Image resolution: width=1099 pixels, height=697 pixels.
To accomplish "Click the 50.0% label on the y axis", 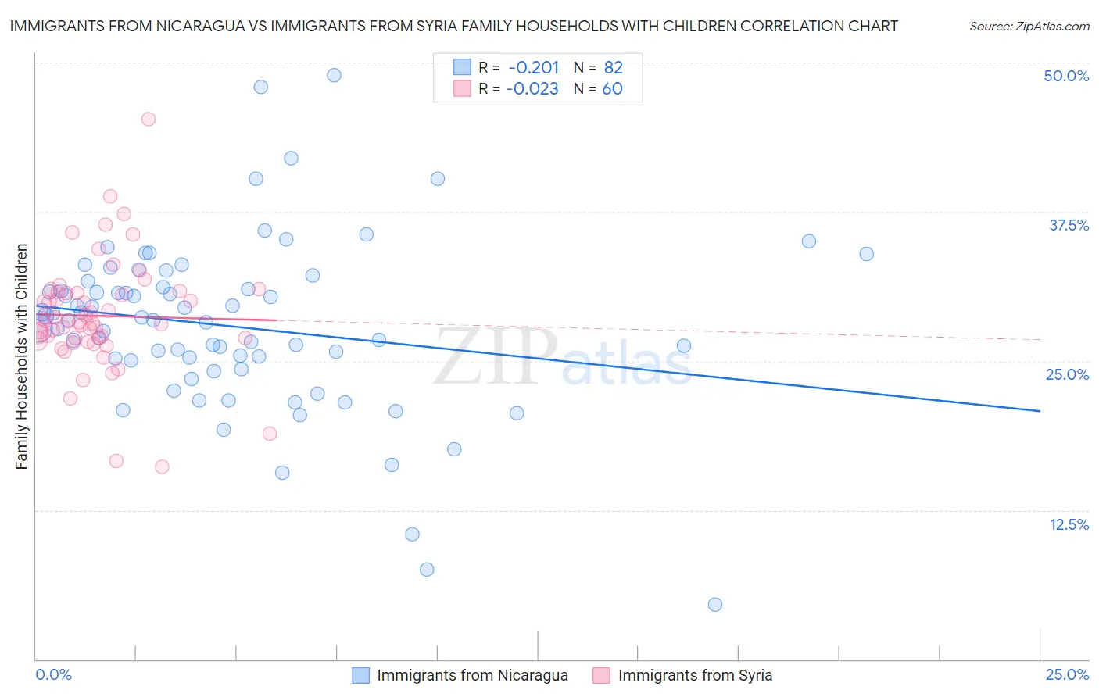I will [x=1066, y=76].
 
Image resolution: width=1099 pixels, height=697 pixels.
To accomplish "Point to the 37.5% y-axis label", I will [x=1069, y=225].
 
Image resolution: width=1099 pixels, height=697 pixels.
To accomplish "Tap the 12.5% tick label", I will [x=1069, y=524].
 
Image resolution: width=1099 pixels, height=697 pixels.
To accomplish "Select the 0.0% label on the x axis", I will [x=53, y=674].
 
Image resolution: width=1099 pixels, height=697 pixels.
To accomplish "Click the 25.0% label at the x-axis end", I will [x=1067, y=674].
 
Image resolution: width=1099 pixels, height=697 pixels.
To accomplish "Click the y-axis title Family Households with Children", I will [x=21, y=356].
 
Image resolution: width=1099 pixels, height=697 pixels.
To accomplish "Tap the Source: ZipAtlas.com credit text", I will [x=1029, y=26].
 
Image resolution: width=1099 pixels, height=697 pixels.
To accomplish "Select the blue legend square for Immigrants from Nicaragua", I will [x=360, y=675].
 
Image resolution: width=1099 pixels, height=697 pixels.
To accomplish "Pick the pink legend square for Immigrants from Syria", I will [x=601, y=675].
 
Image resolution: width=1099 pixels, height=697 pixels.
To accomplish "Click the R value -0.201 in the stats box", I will [x=533, y=68].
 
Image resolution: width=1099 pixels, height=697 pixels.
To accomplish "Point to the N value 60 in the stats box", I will [x=612, y=89].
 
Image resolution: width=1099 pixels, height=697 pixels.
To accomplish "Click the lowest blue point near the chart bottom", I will [x=714, y=604].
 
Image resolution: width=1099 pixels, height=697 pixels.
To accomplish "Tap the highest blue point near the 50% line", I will [x=334, y=75].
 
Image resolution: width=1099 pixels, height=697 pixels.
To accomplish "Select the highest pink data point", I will [x=148, y=119].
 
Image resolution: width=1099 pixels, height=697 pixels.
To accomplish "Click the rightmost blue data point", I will [x=866, y=254].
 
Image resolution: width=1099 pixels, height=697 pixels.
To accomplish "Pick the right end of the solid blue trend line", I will [x=1040, y=410].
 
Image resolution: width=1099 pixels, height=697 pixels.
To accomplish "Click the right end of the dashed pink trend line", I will [x=1040, y=339].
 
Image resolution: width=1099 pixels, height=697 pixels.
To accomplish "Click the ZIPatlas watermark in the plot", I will [x=563, y=357].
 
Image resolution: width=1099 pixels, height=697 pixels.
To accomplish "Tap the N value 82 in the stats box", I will [x=613, y=68].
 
